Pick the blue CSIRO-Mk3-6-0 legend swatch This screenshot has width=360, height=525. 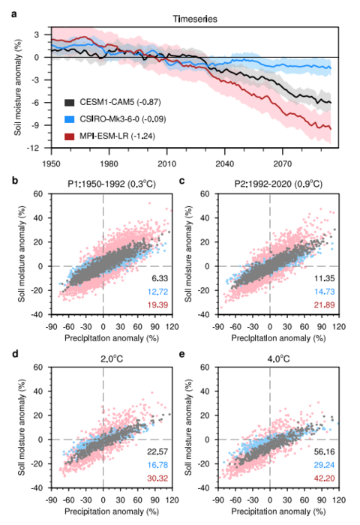coord(69,118)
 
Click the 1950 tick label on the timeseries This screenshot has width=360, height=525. coord(51,162)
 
